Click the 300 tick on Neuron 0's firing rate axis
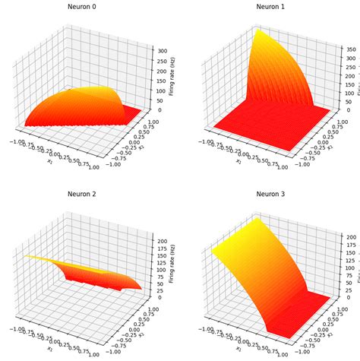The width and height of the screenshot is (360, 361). [163, 50]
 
